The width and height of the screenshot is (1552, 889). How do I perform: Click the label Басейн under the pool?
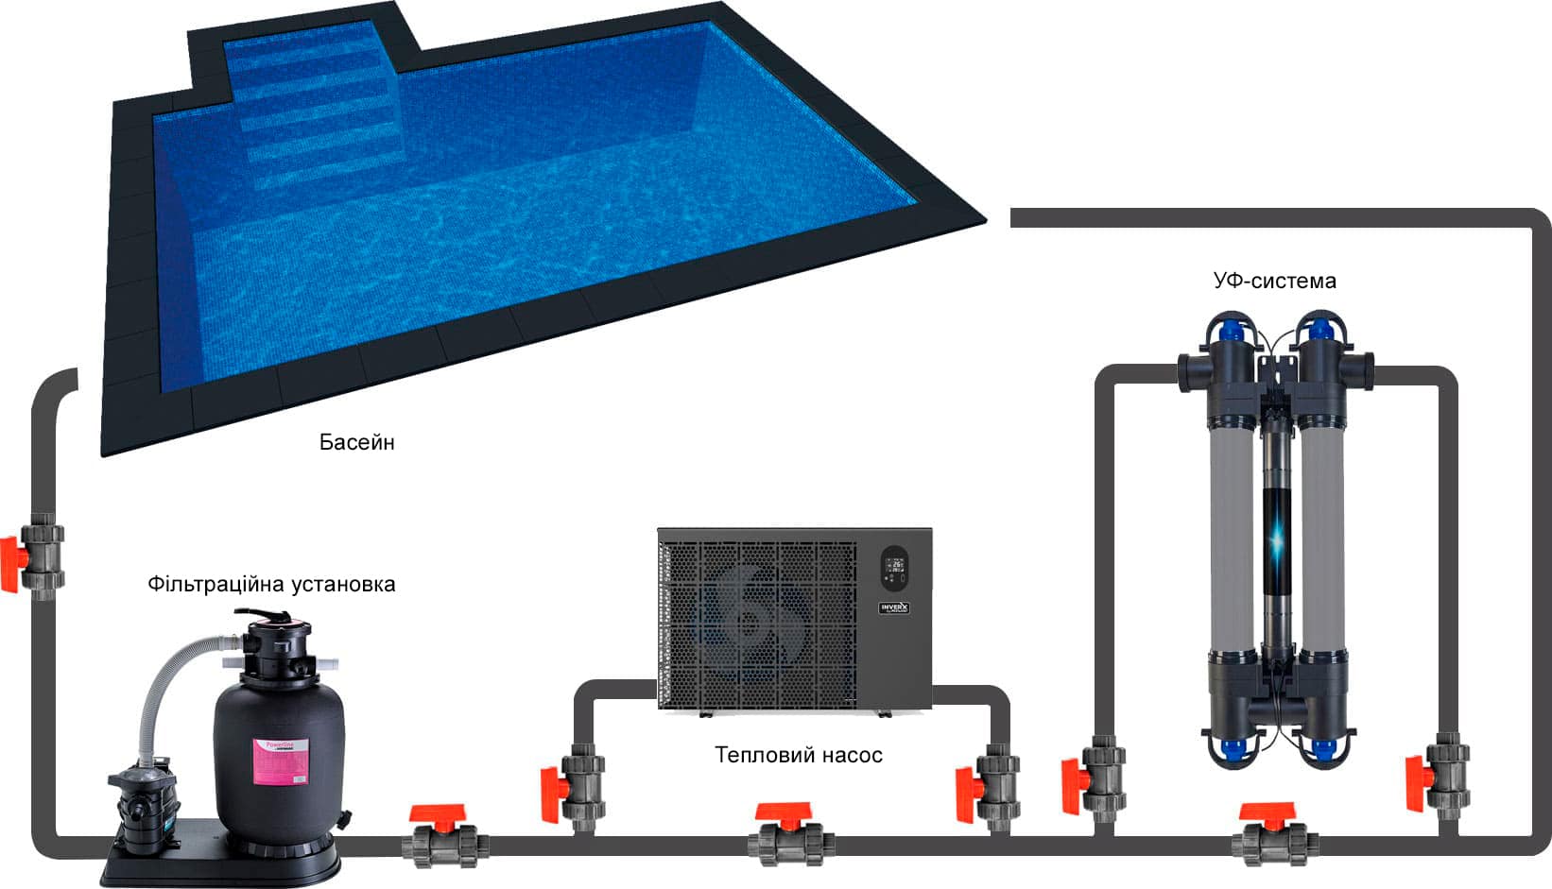[x=356, y=442]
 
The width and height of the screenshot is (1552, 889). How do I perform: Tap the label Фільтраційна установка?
[x=271, y=584]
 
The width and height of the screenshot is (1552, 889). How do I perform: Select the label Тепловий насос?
[x=798, y=755]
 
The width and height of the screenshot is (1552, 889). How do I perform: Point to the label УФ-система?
[x=1274, y=281]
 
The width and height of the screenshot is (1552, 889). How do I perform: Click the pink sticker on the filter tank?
[x=286, y=762]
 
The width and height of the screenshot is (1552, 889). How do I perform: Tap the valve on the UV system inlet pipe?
[x=1096, y=780]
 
